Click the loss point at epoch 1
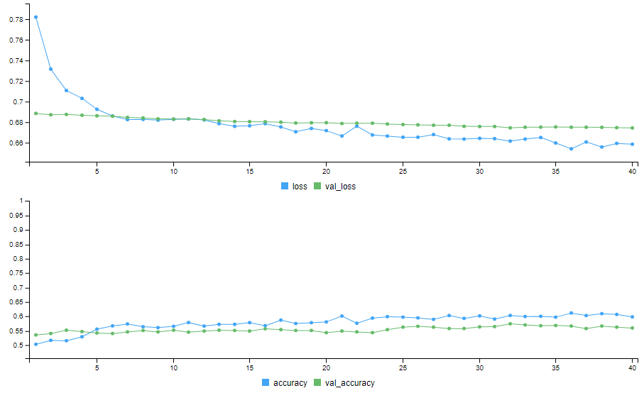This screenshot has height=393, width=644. [x=36, y=17]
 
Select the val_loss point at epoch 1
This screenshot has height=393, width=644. [x=36, y=114]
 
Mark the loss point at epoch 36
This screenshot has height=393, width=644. [x=571, y=149]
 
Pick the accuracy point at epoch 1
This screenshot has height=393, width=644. [x=36, y=344]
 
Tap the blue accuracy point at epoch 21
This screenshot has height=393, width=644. [x=342, y=316]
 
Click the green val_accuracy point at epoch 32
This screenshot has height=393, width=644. [x=510, y=324]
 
